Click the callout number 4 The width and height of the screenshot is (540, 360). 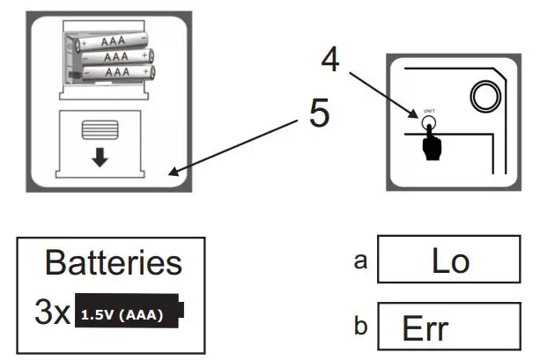(330, 59)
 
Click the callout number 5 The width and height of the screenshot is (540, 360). (319, 112)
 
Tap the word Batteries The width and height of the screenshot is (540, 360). (114, 263)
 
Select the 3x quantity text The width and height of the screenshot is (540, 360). (52, 312)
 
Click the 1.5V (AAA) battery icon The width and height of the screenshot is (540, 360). (129, 311)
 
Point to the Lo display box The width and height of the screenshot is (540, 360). (449, 259)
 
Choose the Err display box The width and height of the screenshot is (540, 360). (449, 327)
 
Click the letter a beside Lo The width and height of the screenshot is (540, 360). (360, 261)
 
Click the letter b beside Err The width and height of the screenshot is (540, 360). (360, 325)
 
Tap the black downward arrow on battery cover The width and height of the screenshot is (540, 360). (100, 158)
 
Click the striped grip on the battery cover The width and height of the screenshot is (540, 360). (100, 129)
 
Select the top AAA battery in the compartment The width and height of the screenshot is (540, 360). (111, 41)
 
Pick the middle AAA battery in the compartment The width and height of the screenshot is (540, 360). (117, 56)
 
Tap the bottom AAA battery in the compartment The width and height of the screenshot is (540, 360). (118, 73)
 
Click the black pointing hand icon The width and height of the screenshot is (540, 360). (431, 143)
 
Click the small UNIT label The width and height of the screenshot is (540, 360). (429, 111)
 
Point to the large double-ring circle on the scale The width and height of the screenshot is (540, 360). (485, 96)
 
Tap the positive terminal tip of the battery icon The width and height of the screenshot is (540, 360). (181, 310)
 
